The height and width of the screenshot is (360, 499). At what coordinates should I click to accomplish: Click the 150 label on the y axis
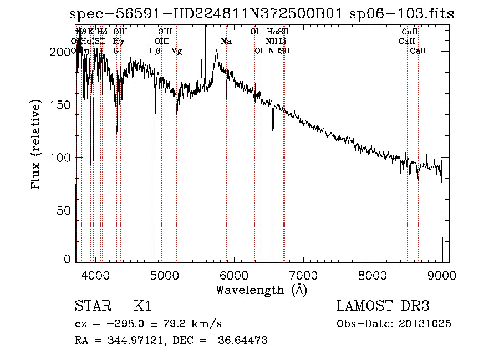(61, 104)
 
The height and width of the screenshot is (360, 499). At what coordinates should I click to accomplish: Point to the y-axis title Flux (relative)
(37, 145)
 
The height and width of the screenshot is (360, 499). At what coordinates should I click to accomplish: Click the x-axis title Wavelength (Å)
(261, 290)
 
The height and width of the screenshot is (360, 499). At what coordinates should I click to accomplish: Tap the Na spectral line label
(226, 42)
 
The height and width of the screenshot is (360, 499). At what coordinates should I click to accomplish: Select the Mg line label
(176, 51)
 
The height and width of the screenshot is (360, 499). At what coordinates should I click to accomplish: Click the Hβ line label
(155, 51)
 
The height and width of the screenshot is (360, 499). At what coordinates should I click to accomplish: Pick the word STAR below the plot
(90, 307)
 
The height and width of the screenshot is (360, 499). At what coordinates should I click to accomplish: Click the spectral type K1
(142, 307)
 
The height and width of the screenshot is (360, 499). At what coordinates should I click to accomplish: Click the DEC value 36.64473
(243, 340)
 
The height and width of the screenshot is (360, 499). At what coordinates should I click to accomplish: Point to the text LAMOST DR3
(383, 307)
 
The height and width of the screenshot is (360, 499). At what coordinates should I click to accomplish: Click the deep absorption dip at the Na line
(226, 98)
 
